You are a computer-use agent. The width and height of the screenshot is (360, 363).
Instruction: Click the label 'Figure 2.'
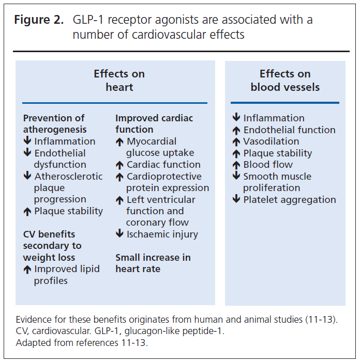[39, 20]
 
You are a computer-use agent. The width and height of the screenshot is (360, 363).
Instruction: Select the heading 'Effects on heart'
[119, 81]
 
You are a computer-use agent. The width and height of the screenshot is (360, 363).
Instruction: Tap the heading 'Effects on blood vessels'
[285, 81]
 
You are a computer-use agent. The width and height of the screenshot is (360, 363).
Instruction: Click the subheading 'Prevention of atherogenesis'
[55, 123]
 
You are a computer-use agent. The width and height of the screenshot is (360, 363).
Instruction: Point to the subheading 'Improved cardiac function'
[154, 123]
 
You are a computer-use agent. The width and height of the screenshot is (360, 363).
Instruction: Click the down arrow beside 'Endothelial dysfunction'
[27, 152]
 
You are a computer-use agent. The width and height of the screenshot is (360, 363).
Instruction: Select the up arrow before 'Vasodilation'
[236, 142]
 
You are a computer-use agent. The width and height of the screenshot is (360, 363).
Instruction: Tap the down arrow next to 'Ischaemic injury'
[119, 233]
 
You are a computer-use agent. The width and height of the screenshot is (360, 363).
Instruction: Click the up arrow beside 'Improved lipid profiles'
[27, 270]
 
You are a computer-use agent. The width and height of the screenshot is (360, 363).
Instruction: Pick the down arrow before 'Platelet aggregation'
[236, 199]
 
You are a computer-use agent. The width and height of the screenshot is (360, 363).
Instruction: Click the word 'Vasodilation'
[271, 141]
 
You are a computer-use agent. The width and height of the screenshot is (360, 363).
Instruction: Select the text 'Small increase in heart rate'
[153, 263]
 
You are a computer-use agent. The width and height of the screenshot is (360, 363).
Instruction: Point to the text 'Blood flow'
[268, 165]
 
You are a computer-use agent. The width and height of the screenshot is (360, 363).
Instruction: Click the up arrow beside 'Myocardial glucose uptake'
[119, 142]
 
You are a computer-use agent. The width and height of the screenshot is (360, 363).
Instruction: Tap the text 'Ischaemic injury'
[162, 234]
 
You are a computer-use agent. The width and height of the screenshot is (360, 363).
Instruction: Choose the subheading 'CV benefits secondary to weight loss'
[52, 246]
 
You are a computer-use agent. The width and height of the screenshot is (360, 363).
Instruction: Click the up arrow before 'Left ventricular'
[119, 200]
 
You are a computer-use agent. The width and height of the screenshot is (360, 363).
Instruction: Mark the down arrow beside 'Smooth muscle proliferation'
[236, 175]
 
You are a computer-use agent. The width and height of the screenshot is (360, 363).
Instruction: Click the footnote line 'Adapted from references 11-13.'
[82, 343]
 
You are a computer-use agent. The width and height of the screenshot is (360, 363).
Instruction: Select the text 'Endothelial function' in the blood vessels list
[290, 130]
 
